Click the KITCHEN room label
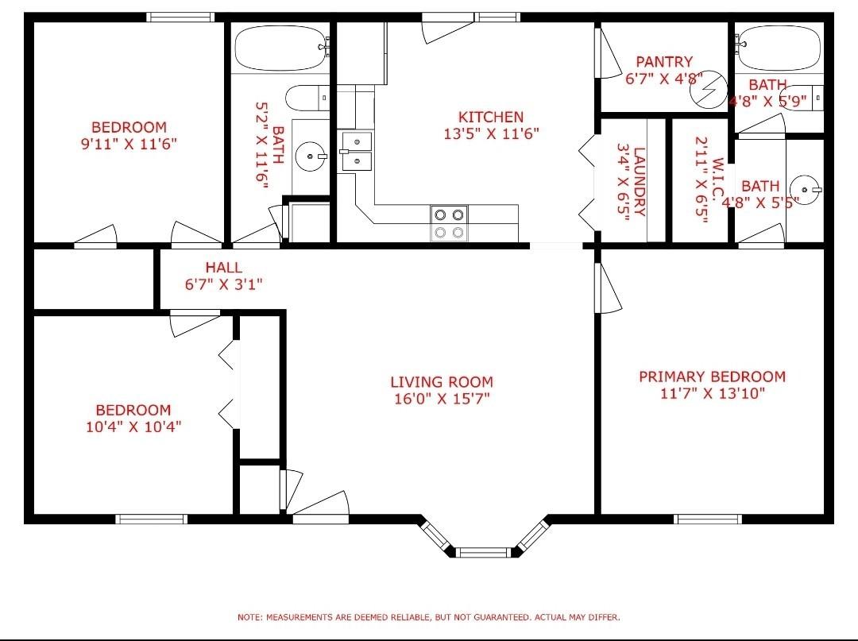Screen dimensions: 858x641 491,117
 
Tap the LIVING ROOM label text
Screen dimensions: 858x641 442,382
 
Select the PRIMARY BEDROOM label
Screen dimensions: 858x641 712,376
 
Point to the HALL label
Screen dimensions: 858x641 224,268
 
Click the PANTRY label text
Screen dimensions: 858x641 663,61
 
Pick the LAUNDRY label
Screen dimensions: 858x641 640,182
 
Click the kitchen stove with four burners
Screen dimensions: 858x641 449,223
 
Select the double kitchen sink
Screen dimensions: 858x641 356,151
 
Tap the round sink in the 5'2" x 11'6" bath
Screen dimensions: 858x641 311,156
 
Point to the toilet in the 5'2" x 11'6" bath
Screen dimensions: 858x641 307,98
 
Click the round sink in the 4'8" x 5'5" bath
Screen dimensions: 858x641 806,189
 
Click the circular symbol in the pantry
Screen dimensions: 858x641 708,90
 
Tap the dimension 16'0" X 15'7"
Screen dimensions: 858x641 442,398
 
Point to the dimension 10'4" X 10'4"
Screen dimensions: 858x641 133,426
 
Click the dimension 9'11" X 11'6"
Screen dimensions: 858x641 129,144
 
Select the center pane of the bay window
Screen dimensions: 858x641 483,552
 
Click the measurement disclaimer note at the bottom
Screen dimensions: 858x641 428,617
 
